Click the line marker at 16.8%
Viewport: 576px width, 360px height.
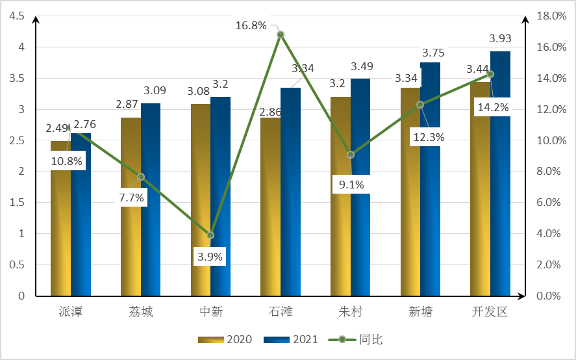(x=281, y=34)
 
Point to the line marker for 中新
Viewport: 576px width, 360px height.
(x=210, y=235)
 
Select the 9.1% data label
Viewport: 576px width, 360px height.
(x=351, y=185)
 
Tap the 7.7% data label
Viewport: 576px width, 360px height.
(x=131, y=197)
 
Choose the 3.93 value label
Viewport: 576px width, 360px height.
(x=500, y=38)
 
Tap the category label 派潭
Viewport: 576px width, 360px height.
(x=71, y=312)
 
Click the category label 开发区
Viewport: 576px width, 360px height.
(x=490, y=312)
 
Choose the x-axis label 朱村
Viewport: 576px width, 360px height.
(x=351, y=312)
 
